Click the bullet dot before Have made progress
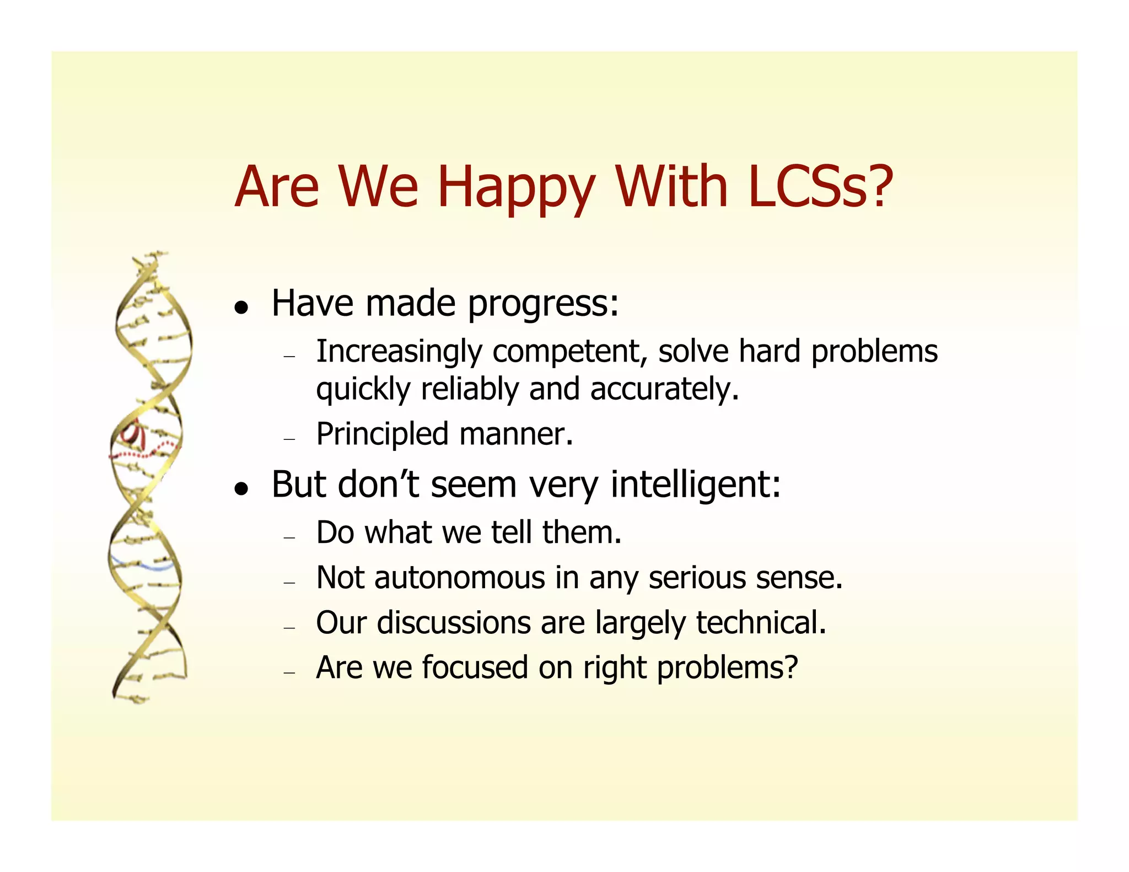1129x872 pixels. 240,308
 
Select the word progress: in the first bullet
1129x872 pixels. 543,304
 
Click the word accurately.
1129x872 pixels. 664,389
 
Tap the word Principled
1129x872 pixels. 382,434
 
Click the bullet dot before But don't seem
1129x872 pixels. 240,488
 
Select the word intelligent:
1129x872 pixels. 695,485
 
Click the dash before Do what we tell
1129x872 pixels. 289,537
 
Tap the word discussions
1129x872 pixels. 453,623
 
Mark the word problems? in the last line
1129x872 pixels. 727,669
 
